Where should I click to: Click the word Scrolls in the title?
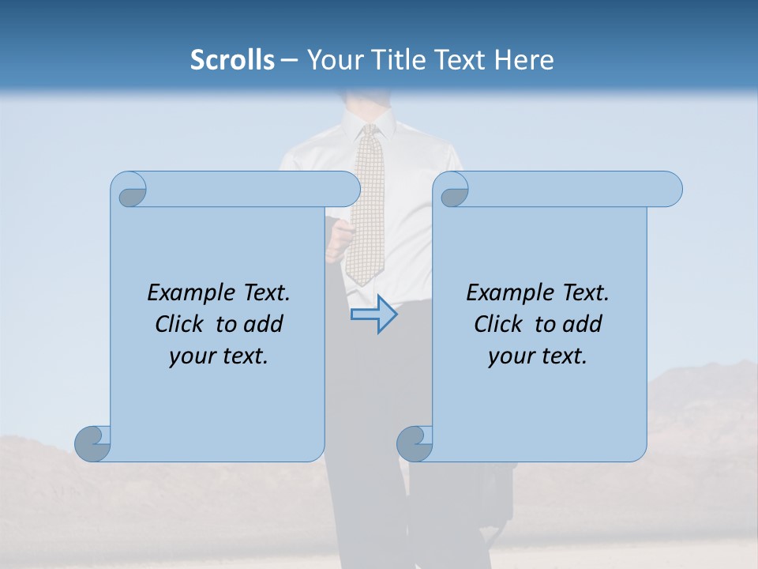pyautogui.click(x=232, y=60)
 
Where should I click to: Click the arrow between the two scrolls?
pyautogui.click(x=373, y=315)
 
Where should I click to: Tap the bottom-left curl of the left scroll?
pyautogui.click(x=93, y=443)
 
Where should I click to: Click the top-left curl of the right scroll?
pyautogui.click(x=453, y=190)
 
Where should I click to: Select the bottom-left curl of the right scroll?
pyautogui.click(x=415, y=443)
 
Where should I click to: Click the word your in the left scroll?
pyautogui.click(x=190, y=356)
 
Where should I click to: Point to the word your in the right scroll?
pyautogui.click(x=509, y=356)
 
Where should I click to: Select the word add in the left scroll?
pyautogui.click(x=263, y=324)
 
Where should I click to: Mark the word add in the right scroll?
pyautogui.click(x=582, y=324)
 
